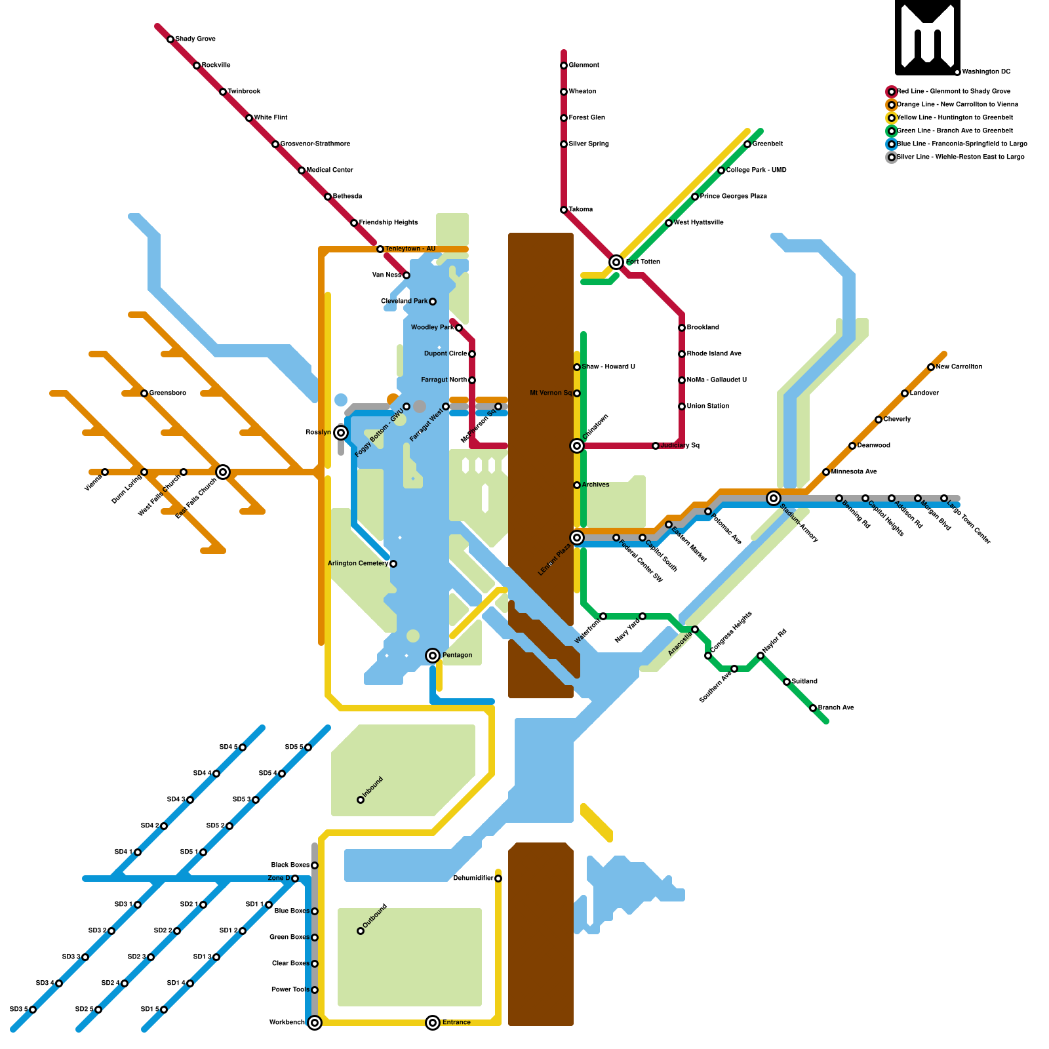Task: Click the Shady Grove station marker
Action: [170, 39]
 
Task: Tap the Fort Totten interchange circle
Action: [616, 262]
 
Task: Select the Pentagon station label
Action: [457, 656]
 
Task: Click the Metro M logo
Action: [927, 37]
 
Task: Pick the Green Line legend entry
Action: [954, 131]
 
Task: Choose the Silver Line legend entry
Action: [960, 157]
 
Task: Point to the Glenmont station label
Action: [584, 66]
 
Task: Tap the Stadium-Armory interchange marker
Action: [774, 498]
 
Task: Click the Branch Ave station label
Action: [836, 708]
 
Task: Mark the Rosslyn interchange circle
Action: [341, 433]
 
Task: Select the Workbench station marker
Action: [315, 1023]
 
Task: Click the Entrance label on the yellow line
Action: [456, 1023]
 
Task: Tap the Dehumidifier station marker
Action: [498, 879]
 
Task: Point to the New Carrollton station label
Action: [959, 367]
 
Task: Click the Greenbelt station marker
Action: [747, 144]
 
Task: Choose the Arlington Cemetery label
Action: [358, 564]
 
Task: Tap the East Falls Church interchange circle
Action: [223, 472]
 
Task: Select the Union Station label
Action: [708, 406]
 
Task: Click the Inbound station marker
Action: [361, 800]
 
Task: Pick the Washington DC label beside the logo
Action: [986, 72]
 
